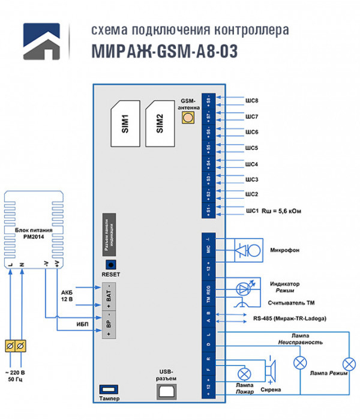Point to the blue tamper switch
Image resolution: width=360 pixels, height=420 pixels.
109,388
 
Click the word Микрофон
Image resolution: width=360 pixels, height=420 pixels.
285,250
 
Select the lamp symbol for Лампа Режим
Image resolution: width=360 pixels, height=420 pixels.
347,364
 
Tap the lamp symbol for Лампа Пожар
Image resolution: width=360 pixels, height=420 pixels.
243,374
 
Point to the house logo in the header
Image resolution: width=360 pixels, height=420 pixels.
43,43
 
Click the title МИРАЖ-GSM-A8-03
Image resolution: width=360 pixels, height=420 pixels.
164,52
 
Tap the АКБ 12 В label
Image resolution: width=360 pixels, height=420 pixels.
67,295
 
